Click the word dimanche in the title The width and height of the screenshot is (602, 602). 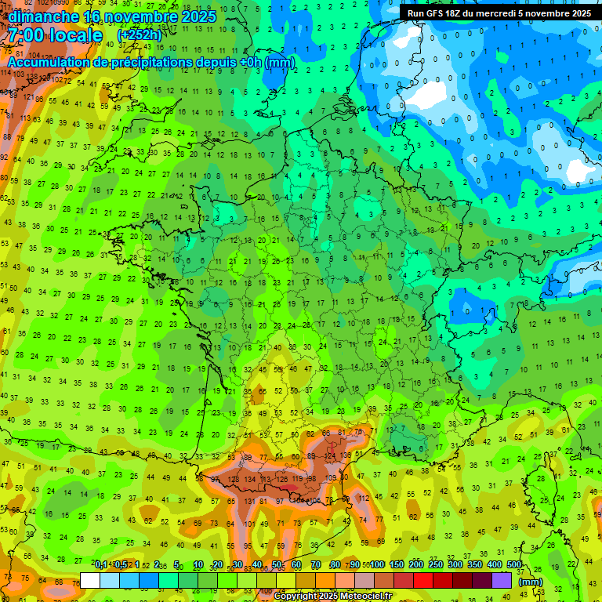[43, 16]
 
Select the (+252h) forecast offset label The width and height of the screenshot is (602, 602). [140, 35]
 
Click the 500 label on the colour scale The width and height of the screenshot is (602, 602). [514, 565]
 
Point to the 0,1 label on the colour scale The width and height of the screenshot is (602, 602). [101, 565]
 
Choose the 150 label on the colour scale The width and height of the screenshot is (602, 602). [397, 565]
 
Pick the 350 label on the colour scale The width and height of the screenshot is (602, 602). [475, 565]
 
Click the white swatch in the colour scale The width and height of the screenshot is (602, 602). [90, 580]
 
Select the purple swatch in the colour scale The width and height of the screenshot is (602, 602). [502, 580]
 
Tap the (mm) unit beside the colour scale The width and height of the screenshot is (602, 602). [531, 582]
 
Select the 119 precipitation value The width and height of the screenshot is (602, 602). [299, 479]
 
